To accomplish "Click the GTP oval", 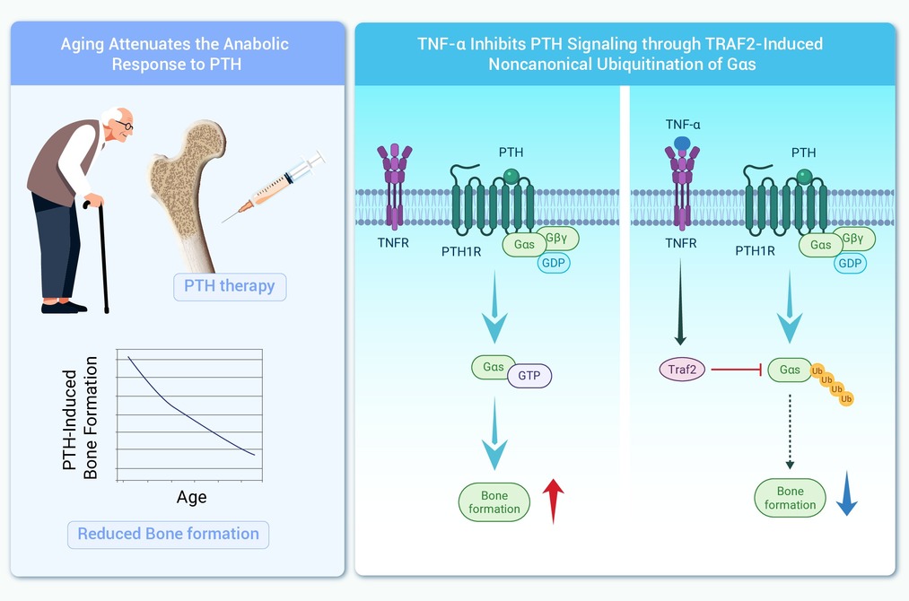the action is (529, 376).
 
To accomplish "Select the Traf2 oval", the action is (682, 370).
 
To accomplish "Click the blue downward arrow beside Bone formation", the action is (847, 493).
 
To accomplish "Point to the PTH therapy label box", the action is (230, 286).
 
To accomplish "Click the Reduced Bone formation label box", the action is (168, 534).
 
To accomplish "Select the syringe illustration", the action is (274, 187).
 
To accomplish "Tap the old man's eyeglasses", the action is (125, 125).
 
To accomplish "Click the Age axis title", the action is (191, 497).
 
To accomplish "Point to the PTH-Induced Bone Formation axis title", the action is (80, 418).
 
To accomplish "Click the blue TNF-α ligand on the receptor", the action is (682, 144).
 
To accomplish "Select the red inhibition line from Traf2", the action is (736, 370).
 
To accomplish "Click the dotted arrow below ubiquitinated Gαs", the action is (790, 431).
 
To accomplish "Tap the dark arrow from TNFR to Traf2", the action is (680, 302).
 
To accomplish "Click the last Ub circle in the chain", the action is (846, 399).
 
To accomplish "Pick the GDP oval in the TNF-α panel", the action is (850, 263).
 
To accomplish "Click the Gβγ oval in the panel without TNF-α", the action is (556, 238).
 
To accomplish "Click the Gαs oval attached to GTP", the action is (494, 367).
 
